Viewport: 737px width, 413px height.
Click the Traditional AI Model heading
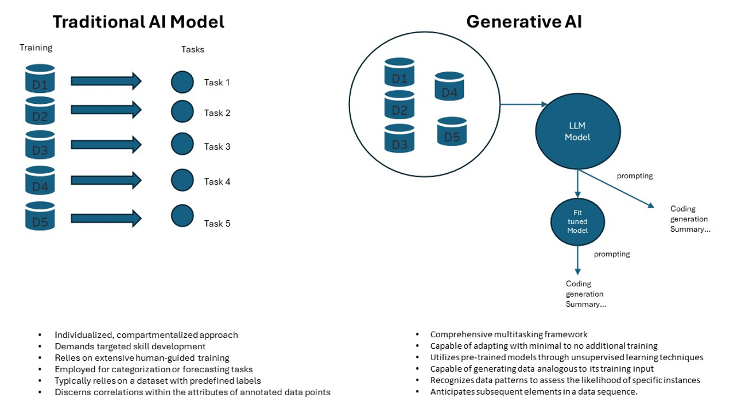tap(138, 22)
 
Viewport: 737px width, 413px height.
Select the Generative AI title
tap(524, 22)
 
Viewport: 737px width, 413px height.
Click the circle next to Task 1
tap(182, 81)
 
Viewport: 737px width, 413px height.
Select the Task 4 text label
tap(217, 182)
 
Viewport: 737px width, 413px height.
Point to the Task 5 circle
tap(182, 216)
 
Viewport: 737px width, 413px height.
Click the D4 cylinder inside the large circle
tap(449, 87)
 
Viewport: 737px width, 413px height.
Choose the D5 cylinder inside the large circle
tap(452, 131)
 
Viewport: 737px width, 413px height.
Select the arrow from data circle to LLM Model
tap(523, 104)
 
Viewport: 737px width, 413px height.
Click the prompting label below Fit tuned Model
tap(612, 254)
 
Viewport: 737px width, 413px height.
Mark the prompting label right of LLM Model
tap(635, 176)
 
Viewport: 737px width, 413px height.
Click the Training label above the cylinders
tap(36, 48)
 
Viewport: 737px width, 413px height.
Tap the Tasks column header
tap(192, 49)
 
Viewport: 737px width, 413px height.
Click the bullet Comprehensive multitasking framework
tap(509, 334)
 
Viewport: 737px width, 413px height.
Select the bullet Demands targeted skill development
tap(130, 346)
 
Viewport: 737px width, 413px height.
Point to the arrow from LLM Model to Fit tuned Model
tap(577, 184)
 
